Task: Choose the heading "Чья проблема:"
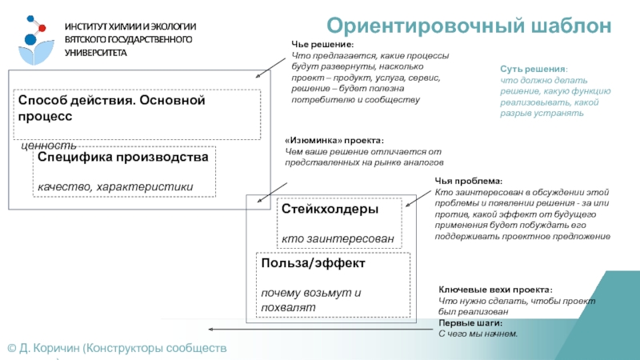[469, 182]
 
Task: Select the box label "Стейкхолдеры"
[330, 209]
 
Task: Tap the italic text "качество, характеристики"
[115, 187]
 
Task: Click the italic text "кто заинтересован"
[338, 238]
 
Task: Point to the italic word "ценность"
[48, 146]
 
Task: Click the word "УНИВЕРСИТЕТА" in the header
[96, 51]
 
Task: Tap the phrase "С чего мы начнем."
[478, 333]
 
